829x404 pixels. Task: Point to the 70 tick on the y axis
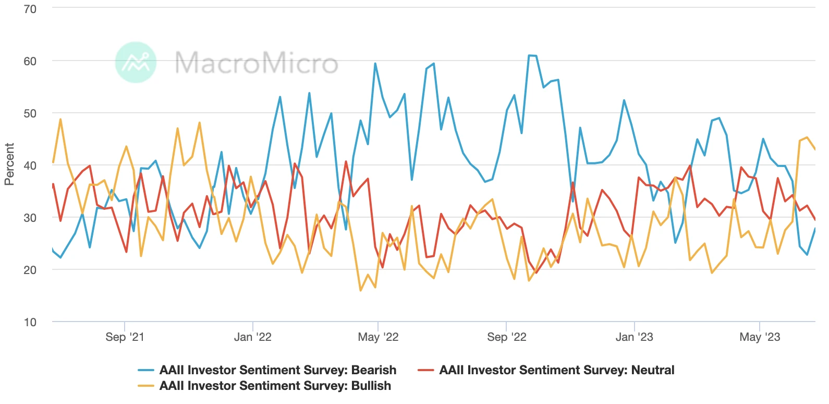(30, 9)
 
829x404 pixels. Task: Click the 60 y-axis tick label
(30, 61)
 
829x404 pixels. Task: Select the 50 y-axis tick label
(30, 113)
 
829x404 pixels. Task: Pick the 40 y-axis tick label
(30, 165)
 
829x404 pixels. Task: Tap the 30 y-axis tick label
(30, 218)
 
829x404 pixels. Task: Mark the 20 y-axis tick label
(30, 270)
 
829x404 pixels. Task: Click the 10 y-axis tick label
(30, 322)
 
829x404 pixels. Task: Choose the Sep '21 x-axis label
(125, 337)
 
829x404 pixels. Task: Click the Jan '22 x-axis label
(252, 337)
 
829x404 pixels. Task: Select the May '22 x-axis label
(378, 337)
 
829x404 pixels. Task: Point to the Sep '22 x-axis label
(506, 337)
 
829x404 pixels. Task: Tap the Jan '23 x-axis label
(634, 337)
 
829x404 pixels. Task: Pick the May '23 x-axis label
(760, 337)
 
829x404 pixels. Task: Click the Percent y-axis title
(9, 164)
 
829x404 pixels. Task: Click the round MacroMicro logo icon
(136, 62)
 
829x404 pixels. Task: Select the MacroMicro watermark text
(256, 63)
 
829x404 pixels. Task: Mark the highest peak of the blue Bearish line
(530, 55)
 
